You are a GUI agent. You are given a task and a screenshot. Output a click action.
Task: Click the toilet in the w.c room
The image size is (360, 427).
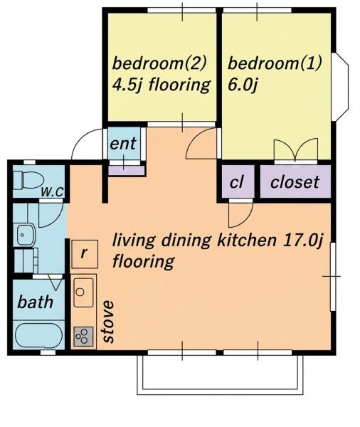click(28, 179)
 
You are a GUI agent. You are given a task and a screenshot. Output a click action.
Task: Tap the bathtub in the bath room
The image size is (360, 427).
click(39, 335)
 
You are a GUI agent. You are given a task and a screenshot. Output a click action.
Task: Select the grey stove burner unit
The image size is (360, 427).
click(84, 337)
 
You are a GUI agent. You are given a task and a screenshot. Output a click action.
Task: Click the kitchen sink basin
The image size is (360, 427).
click(84, 292)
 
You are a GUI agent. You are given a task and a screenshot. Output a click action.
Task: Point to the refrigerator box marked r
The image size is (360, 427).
click(85, 254)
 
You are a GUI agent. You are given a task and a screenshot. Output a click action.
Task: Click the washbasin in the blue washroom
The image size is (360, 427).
click(26, 234)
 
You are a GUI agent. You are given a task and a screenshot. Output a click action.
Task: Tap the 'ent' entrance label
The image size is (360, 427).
click(123, 144)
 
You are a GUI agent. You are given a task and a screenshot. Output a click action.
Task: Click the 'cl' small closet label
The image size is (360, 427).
click(236, 182)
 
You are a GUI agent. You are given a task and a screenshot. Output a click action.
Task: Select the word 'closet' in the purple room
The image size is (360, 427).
click(295, 182)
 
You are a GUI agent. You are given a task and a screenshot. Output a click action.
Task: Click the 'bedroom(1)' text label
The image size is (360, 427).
click(275, 63)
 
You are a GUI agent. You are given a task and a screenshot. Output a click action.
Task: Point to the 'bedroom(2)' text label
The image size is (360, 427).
click(159, 63)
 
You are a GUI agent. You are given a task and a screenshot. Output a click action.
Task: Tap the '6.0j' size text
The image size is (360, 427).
click(243, 85)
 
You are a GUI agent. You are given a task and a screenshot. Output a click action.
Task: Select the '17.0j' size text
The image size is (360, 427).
click(303, 241)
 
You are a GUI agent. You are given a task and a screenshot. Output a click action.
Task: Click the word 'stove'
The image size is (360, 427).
click(108, 322)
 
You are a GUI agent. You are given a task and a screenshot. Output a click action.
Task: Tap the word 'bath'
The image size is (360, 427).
click(36, 302)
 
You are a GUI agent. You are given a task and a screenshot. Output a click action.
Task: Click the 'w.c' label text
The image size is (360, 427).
click(52, 191)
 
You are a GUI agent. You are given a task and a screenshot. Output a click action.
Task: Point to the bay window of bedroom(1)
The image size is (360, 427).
click(340, 86)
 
